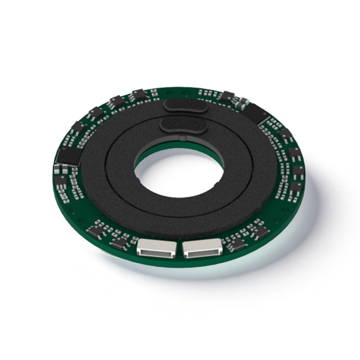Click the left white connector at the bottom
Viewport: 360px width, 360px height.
tap(155, 248)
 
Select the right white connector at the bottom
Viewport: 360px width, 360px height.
tap(202, 248)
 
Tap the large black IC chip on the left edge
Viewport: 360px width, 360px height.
tap(69, 156)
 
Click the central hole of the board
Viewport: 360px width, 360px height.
tap(179, 173)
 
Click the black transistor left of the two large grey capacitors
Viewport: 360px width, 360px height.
tap(227, 96)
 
